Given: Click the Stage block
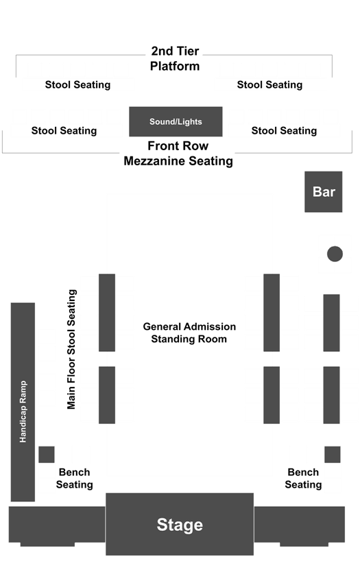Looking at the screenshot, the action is [180, 524].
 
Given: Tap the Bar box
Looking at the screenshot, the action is [323, 192].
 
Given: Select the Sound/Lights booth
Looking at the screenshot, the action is [176, 121].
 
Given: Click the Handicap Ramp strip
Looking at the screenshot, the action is [23, 402].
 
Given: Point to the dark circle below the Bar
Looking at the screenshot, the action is [335, 254].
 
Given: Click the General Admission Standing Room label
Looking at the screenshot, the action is [189, 333].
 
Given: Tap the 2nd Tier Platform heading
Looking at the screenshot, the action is [175, 58].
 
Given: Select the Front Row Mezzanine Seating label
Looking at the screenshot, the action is [178, 153].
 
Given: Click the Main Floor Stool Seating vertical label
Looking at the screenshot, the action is [71, 349].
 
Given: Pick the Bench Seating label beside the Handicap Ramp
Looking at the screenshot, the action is [74, 479].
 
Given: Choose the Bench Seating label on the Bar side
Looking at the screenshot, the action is [303, 479].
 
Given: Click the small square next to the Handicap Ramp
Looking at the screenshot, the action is [47, 454].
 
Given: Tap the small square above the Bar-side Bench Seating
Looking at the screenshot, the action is [333, 454].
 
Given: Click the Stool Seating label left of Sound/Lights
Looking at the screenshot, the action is [64, 131].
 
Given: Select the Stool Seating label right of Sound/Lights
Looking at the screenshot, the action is [284, 131].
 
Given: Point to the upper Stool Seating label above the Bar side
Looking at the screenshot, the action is [269, 85].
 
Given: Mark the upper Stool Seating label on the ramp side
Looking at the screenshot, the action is [77, 85].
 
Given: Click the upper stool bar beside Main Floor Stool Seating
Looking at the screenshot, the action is [107, 313].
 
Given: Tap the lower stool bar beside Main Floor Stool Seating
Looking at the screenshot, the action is [107, 395].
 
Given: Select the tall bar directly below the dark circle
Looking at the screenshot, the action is [331, 323].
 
